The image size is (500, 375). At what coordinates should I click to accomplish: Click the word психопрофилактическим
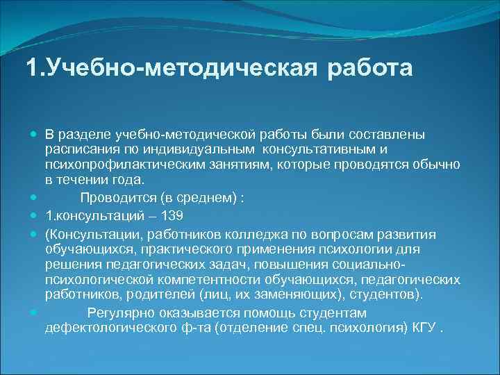click(121, 165)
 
